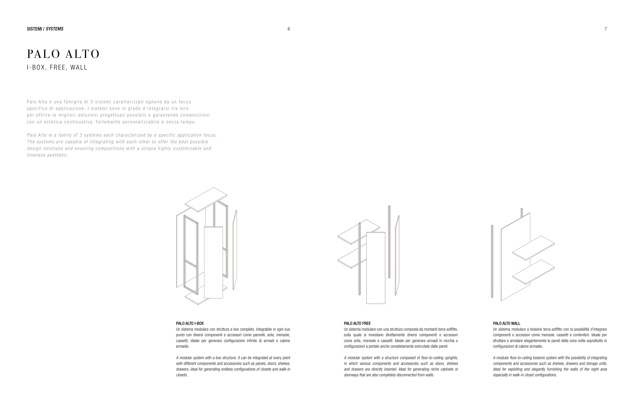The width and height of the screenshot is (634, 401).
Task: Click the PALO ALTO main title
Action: [63, 54]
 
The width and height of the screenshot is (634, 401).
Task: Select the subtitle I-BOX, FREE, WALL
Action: [57, 68]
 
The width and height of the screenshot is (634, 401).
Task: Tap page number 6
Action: [288, 29]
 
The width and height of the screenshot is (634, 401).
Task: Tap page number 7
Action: [606, 29]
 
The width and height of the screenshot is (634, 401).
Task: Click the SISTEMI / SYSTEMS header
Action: [45, 29]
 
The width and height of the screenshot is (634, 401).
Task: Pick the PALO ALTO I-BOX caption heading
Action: [190, 323]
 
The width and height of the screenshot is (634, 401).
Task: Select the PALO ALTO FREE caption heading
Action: [357, 323]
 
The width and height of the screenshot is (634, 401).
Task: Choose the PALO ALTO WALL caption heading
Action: [506, 323]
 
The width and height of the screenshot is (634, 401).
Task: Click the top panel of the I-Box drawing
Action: [206, 199]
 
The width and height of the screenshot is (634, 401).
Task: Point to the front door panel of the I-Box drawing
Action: [213, 262]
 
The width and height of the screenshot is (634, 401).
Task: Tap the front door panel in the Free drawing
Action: [376, 268]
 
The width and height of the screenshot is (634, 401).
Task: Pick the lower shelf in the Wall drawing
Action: [534, 272]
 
